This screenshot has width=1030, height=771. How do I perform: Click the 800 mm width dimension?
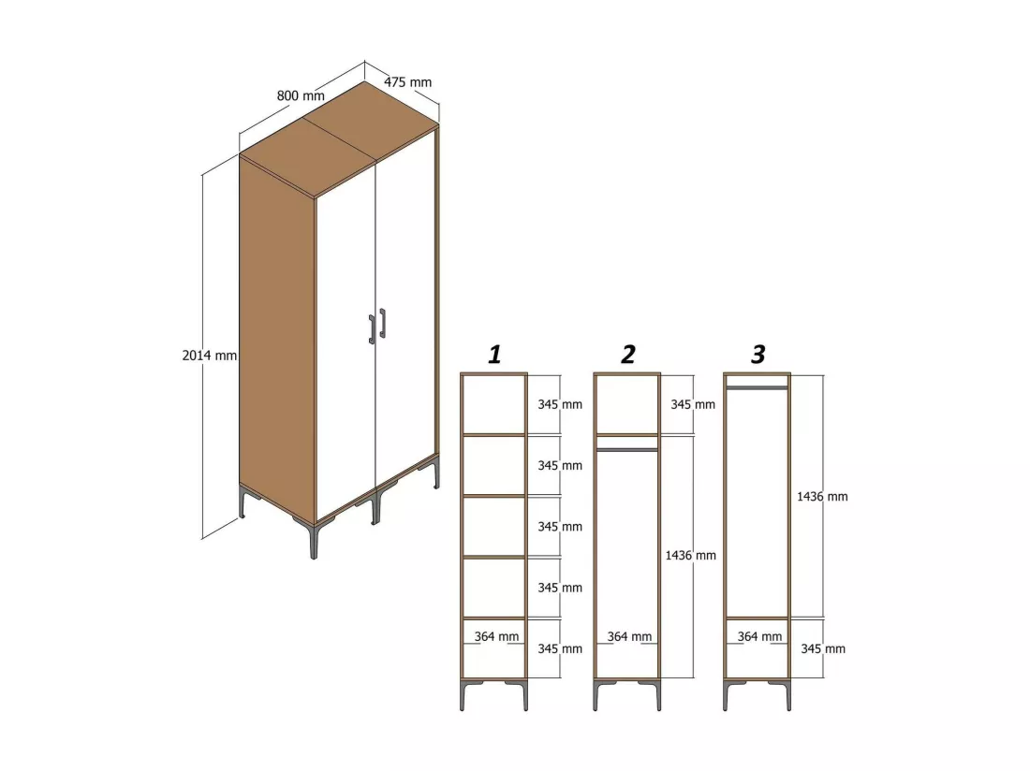point(301,95)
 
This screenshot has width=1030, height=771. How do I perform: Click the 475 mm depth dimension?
point(408,82)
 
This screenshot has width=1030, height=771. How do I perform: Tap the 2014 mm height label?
point(210,356)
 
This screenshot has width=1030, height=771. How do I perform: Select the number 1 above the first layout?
point(495,355)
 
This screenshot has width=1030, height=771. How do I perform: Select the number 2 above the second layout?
point(628,355)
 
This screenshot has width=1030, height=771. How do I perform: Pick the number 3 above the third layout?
point(758,355)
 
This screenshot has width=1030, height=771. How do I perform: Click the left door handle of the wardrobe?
point(372,329)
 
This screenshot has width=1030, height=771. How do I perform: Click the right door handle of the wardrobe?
point(382,324)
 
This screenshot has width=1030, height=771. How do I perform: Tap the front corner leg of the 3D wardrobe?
point(314,538)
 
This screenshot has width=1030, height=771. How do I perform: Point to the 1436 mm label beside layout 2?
point(690,556)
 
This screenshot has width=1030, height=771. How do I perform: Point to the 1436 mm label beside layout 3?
point(822,497)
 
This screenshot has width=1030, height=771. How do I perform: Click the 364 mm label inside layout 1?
point(496,636)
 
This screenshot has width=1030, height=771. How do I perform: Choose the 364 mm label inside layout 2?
point(629,636)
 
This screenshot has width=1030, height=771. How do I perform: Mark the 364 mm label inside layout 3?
point(759,636)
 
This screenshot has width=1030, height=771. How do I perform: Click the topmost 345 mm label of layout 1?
point(560,405)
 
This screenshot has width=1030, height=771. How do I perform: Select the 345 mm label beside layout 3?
point(823,649)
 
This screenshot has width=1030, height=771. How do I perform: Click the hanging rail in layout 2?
point(626,450)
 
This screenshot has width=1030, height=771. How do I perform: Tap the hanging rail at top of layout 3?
point(757,387)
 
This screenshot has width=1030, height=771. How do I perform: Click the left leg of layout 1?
point(463,696)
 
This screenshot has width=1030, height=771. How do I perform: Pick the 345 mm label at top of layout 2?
point(692,405)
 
